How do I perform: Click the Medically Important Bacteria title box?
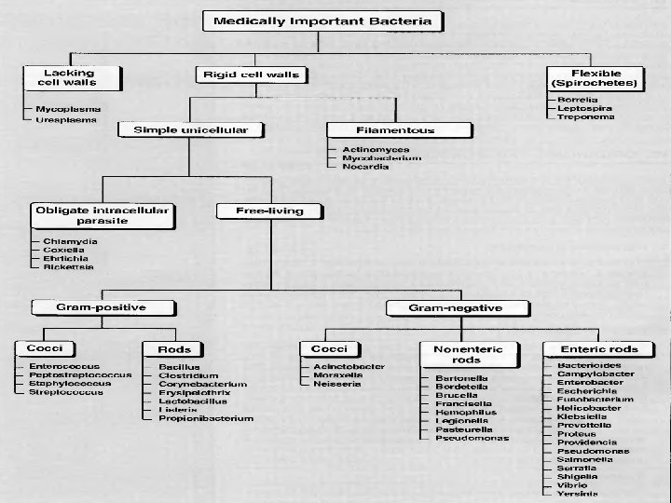tap(322, 20)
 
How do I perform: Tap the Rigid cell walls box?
tap(252, 74)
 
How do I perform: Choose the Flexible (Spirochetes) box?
tap(596, 77)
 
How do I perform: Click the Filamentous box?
tap(381, 130)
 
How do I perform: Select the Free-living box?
tap(272, 211)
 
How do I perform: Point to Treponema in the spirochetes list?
tap(585, 116)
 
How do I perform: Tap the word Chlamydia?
tap(70, 241)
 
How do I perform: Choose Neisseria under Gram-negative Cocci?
tap(336, 384)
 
